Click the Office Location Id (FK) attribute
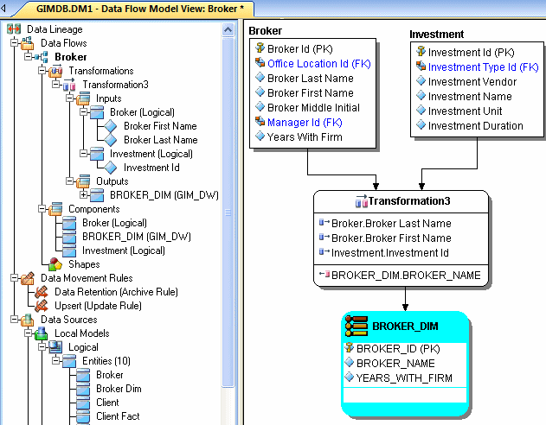319,64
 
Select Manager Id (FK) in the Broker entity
305,123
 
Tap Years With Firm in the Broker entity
305,137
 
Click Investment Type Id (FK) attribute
484,67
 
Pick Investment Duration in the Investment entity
476,126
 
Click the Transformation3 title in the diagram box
409,201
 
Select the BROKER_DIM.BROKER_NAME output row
406,276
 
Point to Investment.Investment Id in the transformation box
390,252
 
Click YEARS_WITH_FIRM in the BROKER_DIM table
404,377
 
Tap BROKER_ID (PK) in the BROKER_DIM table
398,348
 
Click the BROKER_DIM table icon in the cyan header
357,326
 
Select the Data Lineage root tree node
55,29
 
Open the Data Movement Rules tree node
87,278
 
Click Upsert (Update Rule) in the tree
98,306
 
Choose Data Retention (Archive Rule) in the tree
116,292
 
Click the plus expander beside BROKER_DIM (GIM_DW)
83,195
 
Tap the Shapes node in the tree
84,264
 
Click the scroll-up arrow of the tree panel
228,30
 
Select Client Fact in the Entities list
118,416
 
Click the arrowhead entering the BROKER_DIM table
405,308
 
